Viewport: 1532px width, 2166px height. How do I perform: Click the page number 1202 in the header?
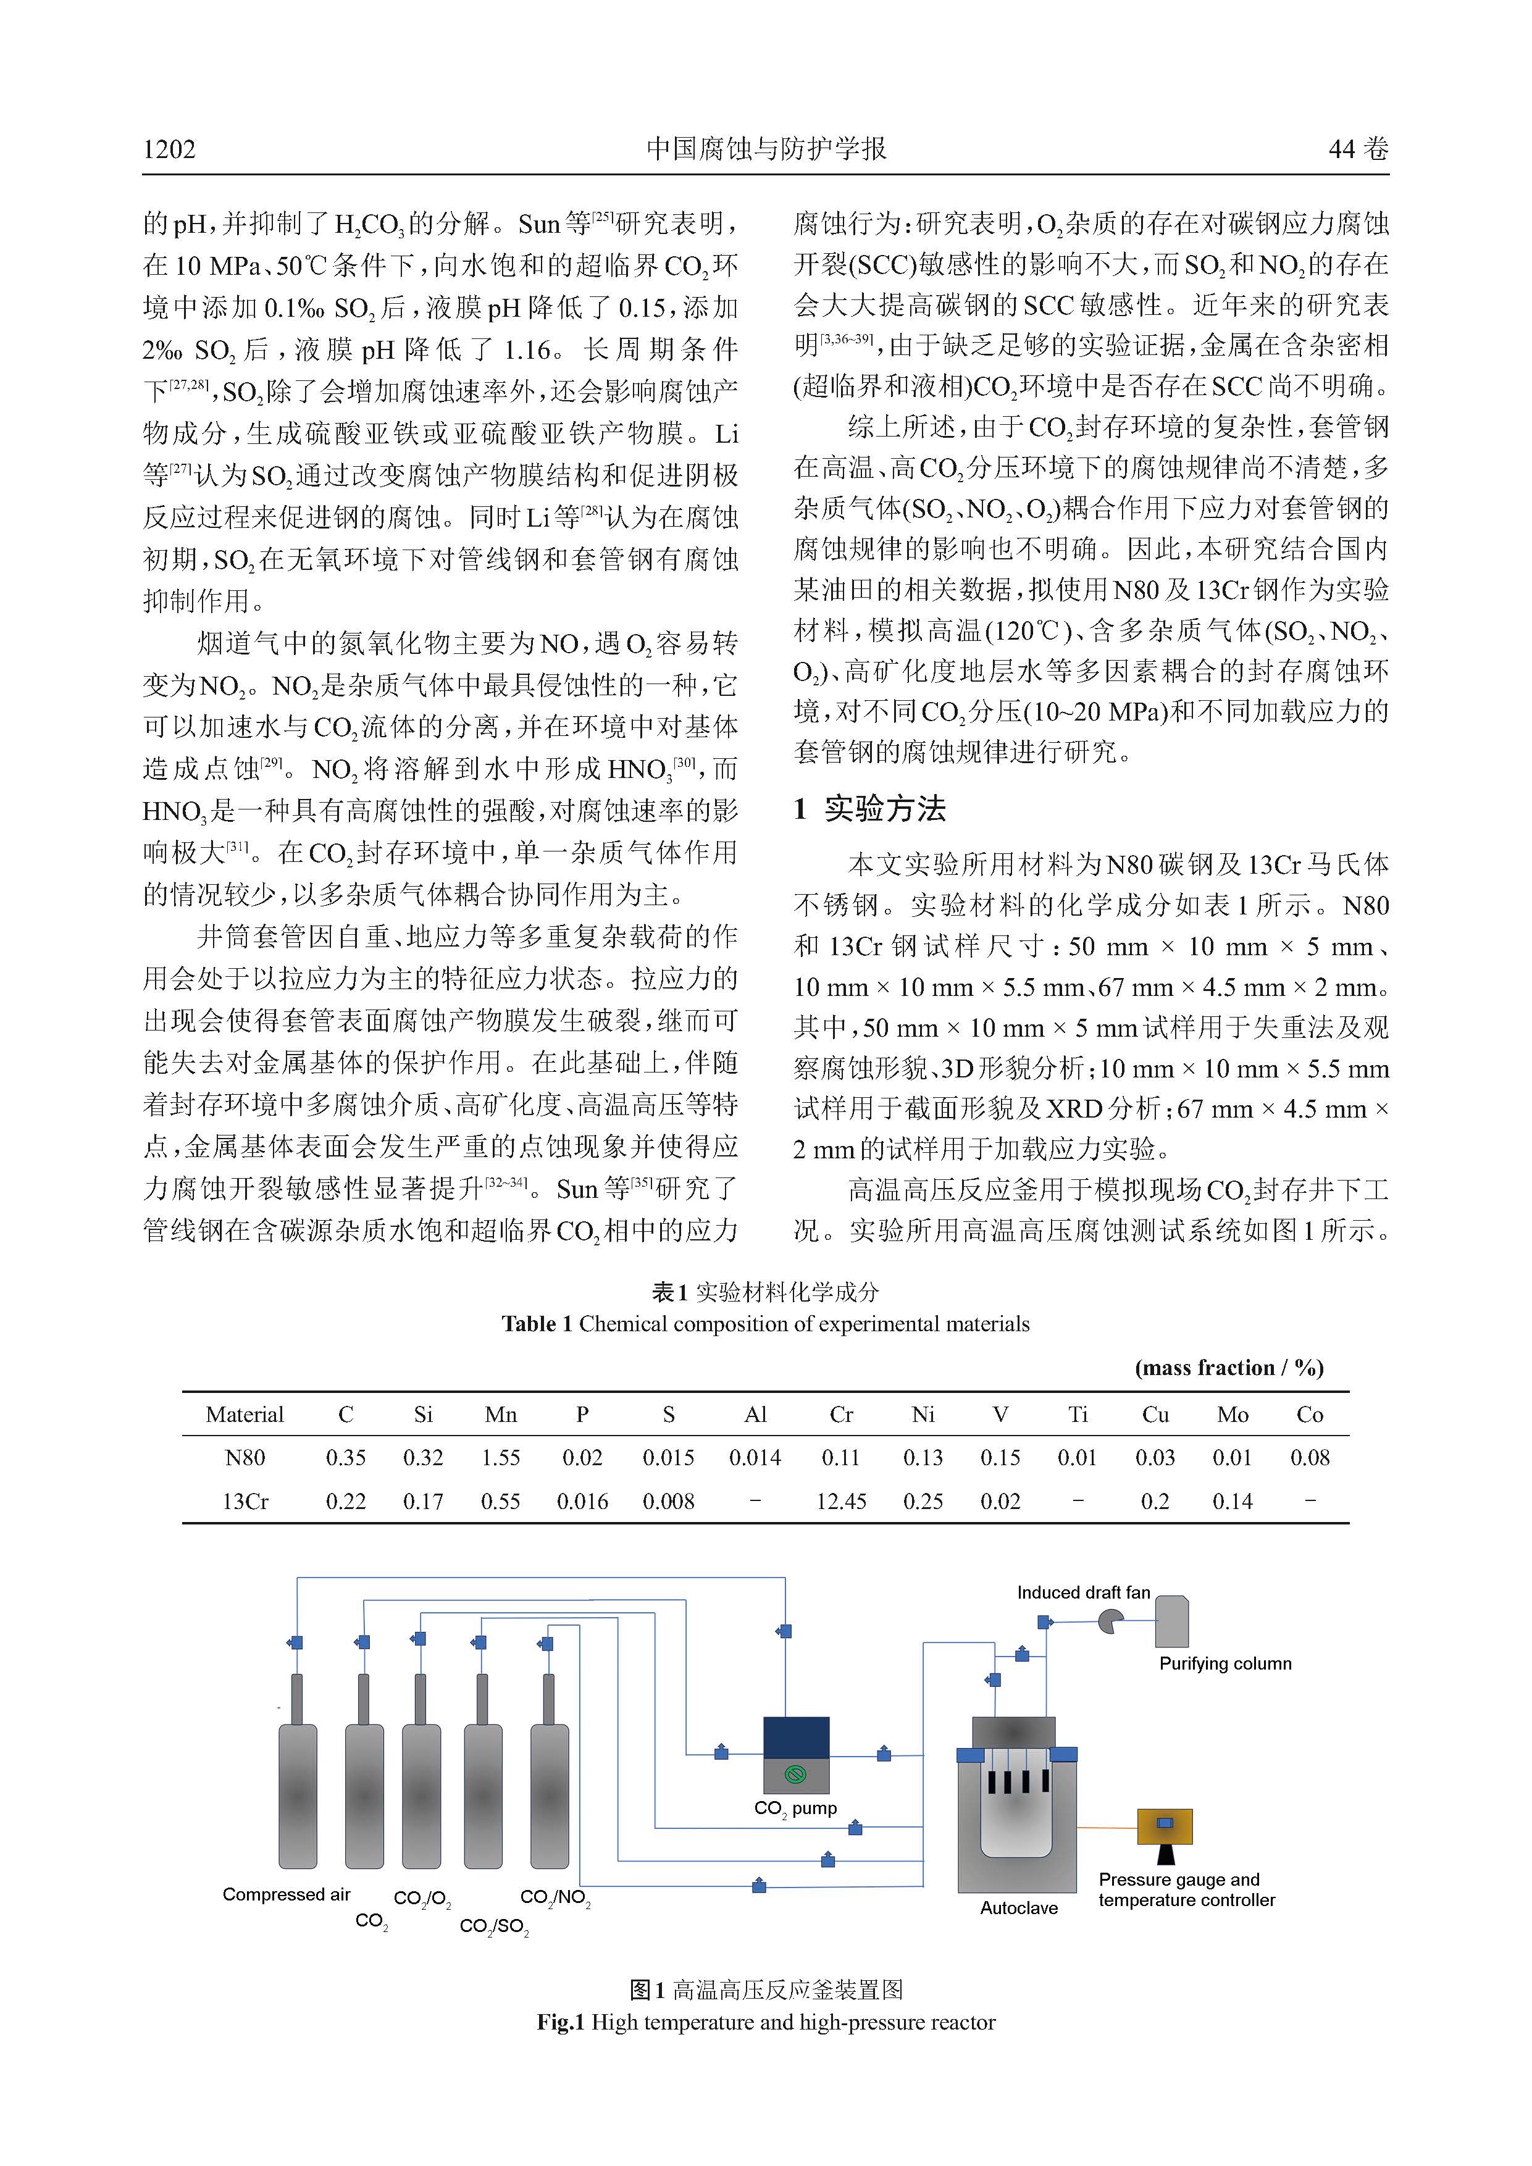(x=170, y=149)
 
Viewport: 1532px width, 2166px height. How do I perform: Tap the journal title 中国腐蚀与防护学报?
(x=765, y=149)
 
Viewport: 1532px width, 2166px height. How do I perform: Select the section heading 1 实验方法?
(x=870, y=808)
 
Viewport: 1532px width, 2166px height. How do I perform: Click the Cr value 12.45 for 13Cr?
(x=840, y=1501)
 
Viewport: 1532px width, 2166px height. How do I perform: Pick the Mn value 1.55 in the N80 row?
(x=500, y=1458)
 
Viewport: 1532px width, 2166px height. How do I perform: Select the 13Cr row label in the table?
(x=245, y=1501)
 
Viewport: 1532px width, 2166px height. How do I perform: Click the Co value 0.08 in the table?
(x=1309, y=1458)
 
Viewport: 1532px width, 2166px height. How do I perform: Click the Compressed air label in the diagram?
(x=286, y=1894)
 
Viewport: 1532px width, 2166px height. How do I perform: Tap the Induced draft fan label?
(x=1083, y=1592)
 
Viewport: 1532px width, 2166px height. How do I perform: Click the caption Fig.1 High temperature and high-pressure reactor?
(x=766, y=2022)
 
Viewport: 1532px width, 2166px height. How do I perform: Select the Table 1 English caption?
(x=765, y=1324)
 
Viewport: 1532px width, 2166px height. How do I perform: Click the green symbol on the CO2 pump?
(x=795, y=1775)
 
